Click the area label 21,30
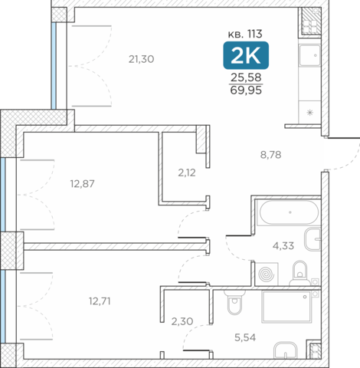141,59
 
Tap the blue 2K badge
246,55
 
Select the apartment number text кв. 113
245,34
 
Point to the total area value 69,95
246,90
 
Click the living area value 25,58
246,77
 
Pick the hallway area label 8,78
271,155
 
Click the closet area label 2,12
187,173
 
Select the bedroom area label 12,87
83,184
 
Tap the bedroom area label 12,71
100,301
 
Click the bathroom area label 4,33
283,246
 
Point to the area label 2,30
182,321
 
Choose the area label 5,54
245,337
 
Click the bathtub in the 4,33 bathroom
289,212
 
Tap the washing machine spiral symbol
266,274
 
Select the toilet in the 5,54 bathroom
234,302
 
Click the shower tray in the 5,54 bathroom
286,307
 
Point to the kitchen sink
309,55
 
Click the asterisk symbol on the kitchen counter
310,112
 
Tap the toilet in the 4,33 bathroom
300,273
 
